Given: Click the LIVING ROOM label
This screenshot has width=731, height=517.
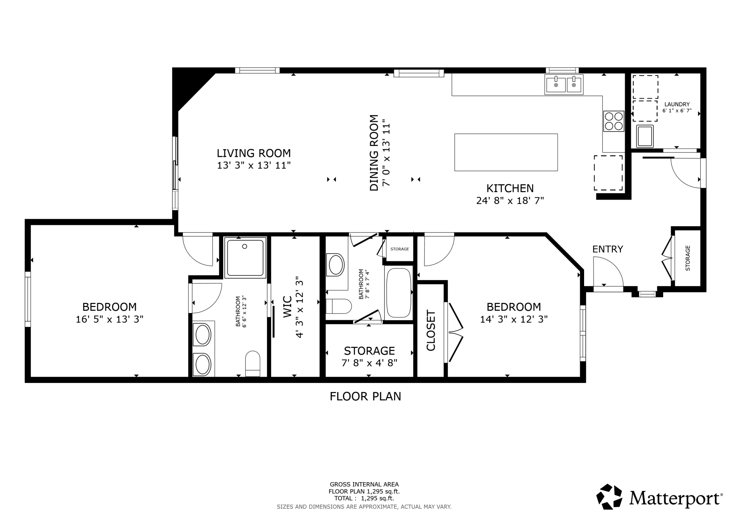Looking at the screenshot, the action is (254, 153).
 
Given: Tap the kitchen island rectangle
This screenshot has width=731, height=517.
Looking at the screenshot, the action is (506, 152).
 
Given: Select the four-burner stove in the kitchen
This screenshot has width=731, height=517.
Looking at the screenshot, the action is (614, 121).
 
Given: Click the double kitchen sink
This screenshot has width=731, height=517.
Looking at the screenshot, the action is (564, 84).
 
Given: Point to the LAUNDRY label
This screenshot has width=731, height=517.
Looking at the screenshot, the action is (677, 104).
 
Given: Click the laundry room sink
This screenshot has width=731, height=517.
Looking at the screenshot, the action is (645, 136).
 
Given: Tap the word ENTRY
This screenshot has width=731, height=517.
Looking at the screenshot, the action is (608, 249).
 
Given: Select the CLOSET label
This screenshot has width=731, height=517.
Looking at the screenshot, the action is (431, 330).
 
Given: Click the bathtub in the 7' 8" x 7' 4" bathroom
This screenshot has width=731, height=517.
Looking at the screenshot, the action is (399, 293).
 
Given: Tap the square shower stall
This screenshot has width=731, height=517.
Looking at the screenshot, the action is (245, 258).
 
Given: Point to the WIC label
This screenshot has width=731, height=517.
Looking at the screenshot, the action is (287, 307).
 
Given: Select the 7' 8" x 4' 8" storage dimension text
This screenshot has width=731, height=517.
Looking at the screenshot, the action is (369, 363).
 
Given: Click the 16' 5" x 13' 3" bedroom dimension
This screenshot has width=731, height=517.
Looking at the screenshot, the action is (110, 319).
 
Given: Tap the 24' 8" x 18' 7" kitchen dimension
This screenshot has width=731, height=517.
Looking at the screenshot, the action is (510, 200).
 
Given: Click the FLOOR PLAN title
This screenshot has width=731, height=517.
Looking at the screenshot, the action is (365, 396).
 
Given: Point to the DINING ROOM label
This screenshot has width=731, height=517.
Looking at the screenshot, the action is (374, 153).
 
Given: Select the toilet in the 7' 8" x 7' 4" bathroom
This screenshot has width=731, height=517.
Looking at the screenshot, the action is (338, 306).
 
